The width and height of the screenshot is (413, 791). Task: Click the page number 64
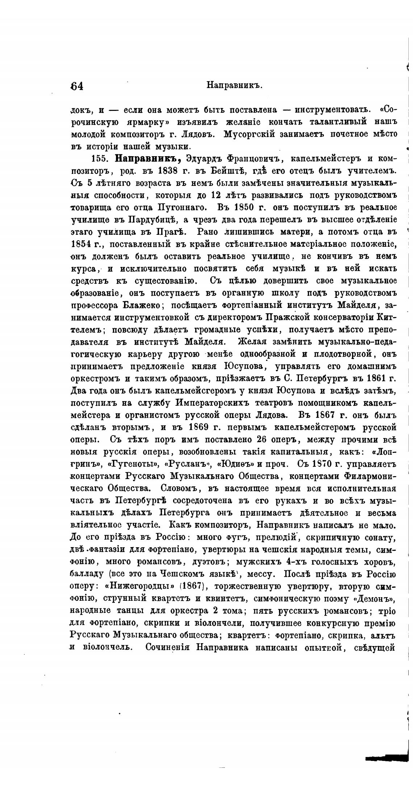coord(77,86)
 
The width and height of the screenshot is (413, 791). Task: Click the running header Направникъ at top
coord(234,85)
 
